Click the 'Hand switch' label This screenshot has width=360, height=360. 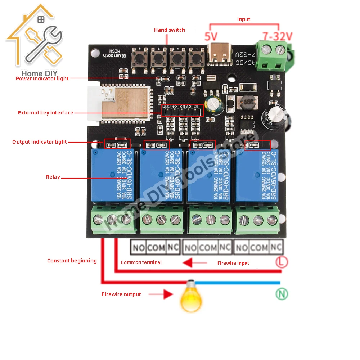click(169, 30)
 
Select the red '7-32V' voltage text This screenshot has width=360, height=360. click(278, 36)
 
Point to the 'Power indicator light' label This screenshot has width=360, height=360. click(42, 78)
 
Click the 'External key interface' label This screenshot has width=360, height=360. click(45, 113)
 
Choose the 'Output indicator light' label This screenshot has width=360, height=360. click(40, 142)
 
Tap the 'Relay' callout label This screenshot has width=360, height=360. click(53, 177)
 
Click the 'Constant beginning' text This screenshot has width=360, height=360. click(72, 261)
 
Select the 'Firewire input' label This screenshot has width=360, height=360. click(233, 263)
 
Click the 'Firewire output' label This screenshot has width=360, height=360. click(121, 294)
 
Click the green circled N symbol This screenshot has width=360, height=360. click(282, 294)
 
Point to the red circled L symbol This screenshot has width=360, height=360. click(282, 262)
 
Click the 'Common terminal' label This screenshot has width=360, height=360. click(141, 262)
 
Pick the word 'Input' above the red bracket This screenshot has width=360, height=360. click(243, 19)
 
